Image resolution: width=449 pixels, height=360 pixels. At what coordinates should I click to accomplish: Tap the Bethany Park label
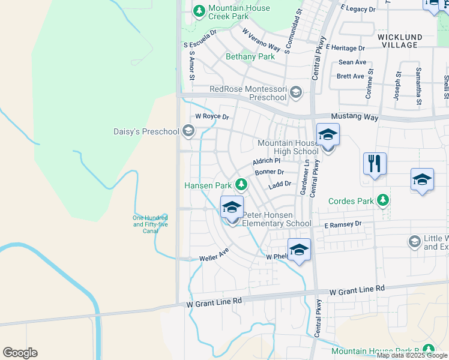click(250, 57)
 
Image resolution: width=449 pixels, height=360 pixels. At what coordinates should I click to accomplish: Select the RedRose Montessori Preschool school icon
click(295, 92)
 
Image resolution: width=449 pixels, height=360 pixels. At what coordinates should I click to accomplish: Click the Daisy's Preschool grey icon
click(188, 131)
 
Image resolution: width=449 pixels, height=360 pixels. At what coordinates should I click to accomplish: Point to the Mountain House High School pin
click(328, 135)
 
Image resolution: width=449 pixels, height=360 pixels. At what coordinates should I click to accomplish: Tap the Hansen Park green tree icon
click(241, 184)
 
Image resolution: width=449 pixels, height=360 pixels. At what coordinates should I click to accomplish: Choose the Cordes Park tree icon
click(382, 201)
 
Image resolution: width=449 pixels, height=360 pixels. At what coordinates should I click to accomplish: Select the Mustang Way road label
click(355, 118)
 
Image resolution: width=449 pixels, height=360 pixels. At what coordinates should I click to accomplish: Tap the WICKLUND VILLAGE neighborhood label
click(399, 41)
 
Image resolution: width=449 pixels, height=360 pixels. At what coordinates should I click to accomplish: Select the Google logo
click(20, 353)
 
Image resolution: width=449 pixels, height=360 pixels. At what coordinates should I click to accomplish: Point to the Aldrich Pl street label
click(267, 161)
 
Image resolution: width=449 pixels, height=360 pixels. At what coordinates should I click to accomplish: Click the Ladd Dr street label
click(280, 184)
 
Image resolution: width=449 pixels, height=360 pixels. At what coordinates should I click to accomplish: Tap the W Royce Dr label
click(212, 116)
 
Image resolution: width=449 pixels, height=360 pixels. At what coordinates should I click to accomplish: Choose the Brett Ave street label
click(351, 76)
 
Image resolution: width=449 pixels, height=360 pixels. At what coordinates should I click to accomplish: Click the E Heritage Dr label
click(346, 47)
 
